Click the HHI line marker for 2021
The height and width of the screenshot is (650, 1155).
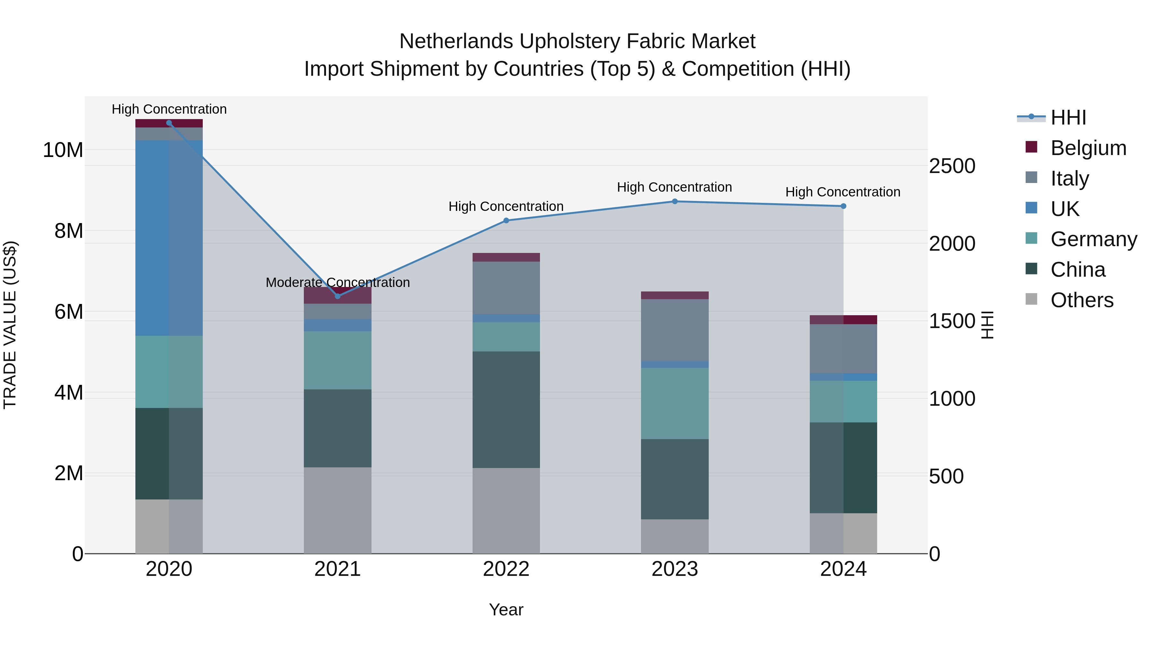click(x=338, y=296)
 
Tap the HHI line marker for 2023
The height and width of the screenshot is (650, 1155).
click(x=674, y=201)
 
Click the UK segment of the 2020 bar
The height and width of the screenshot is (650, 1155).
click(x=169, y=238)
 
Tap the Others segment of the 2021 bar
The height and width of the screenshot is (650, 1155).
click(x=338, y=510)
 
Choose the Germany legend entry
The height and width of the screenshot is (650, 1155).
click(x=1093, y=239)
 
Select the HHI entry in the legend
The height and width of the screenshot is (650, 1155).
click(x=1068, y=117)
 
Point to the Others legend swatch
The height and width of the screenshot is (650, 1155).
click(x=1031, y=299)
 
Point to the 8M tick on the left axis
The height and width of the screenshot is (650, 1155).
click(x=69, y=231)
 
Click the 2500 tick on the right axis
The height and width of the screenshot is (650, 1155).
click(x=952, y=166)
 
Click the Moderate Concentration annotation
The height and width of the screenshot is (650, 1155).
click(x=338, y=282)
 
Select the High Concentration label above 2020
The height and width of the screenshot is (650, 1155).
click(x=169, y=109)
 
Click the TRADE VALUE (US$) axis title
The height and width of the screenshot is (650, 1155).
click(x=10, y=325)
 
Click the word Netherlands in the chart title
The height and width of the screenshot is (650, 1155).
click(x=456, y=41)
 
